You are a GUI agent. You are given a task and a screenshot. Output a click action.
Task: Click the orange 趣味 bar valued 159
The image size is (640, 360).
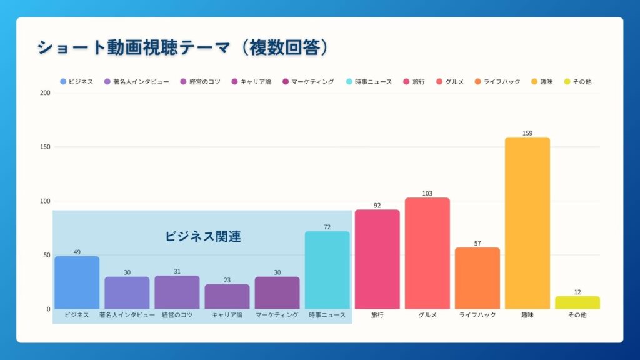pyautogui.click(x=527, y=223)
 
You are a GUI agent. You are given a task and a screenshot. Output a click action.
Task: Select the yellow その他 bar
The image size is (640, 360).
pyautogui.click(x=577, y=302)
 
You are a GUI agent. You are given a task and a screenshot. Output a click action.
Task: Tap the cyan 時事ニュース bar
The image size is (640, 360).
pyautogui.click(x=327, y=270)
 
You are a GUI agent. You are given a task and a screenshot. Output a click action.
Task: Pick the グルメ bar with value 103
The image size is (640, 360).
pyautogui.click(x=427, y=253)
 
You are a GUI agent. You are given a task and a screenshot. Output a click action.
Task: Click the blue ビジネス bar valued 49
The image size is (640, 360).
pyautogui.click(x=77, y=282)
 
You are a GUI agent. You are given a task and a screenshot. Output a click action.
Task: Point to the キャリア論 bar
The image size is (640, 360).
pyautogui.click(x=227, y=296)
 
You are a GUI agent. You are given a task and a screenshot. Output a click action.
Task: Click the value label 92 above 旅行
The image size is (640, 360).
pyautogui.click(x=377, y=205)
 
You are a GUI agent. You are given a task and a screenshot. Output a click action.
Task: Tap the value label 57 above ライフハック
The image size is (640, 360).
pyautogui.click(x=477, y=243)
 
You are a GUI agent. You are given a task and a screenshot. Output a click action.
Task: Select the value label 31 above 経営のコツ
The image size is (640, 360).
pyautogui.click(x=177, y=271)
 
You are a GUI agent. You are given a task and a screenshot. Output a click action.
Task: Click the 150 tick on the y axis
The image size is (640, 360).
pyautogui.click(x=44, y=147)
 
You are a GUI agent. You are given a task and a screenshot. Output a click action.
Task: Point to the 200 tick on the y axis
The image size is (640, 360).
pyautogui.click(x=44, y=93)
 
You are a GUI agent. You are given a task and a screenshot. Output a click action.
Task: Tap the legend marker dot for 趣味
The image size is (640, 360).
pyautogui.click(x=534, y=82)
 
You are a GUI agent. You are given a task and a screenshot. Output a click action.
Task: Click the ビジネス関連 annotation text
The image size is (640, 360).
pyautogui.click(x=203, y=236)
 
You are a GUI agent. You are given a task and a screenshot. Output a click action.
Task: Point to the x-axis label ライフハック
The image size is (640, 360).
pyautogui.click(x=477, y=315)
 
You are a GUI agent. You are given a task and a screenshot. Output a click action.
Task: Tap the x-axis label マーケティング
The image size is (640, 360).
pyautogui.click(x=277, y=315)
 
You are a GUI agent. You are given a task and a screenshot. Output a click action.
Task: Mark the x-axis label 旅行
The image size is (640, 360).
pyautogui.click(x=377, y=315)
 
